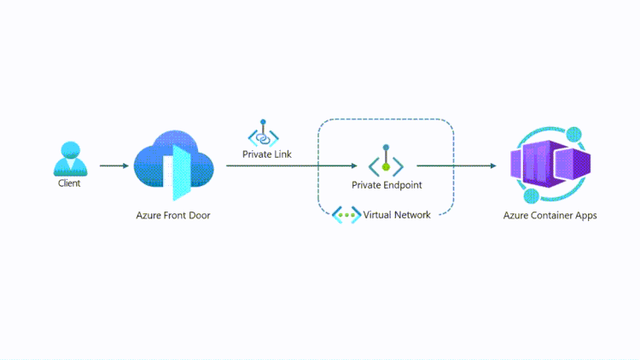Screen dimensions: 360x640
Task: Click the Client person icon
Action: pos(68,160)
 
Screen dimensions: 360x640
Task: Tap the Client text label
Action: pos(69,183)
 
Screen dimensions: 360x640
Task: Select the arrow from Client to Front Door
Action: pos(114,165)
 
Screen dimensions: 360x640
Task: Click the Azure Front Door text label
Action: pos(173,216)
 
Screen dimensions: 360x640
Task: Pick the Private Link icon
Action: pos(263,133)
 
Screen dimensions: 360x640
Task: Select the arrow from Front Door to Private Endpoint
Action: pos(290,166)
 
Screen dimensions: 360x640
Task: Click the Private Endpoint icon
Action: pos(386,161)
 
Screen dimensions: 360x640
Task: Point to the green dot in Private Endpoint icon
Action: pos(386,167)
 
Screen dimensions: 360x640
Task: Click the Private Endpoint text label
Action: pos(387,184)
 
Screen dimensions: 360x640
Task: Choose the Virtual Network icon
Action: pos(346,215)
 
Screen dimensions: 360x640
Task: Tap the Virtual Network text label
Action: pos(397,215)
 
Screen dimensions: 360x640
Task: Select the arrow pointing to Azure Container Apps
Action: pos(457,166)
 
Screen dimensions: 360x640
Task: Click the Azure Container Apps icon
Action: pos(550,165)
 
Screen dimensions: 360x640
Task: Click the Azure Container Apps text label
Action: pos(550,216)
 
